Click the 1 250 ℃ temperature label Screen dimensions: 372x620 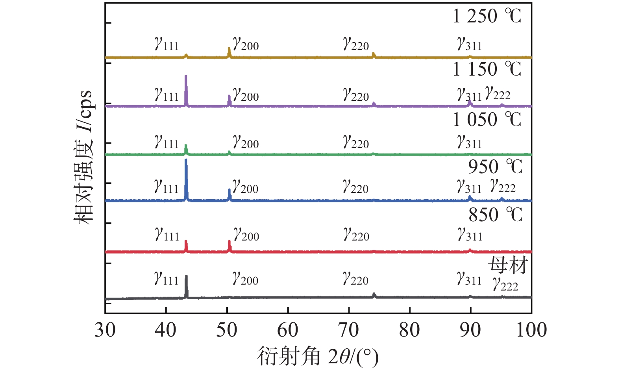pyautogui.click(x=487, y=17)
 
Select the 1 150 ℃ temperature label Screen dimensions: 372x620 pyautogui.click(x=487, y=69)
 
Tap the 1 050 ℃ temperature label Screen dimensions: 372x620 pyautogui.click(x=487, y=119)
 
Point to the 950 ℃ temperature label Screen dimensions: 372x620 pyautogui.click(x=495, y=167)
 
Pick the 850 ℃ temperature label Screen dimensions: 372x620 pyautogui.click(x=495, y=215)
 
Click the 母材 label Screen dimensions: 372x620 pyautogui.click(x=508, y=265)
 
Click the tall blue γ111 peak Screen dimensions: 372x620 pyautogui.click(x=186, y=179)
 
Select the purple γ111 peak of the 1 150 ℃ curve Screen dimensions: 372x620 pyautogui.click(x=186, y=90)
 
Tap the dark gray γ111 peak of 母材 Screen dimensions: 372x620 pyautogui.click(x=186, y=286)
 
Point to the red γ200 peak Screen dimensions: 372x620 pyautogui.click(x=229, y=246)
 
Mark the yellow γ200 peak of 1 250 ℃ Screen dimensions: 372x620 pyautogui.click(x=229, y=52)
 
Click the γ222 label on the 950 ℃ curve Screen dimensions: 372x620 pyautogui.click(x=503, y=186)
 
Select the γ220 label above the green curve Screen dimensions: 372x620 pyautogui.click(x=356, y=142)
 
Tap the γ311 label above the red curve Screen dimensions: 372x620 pyautogui.click(x=470, y=235)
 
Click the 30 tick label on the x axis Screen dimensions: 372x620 pyautogui.click(x=105, y=330)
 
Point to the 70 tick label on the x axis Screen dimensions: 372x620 pyautogui.click(x=349, y=330)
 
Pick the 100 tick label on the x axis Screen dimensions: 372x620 pyautogui.click(x=531, y=330)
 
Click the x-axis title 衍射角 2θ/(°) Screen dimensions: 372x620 pyautogui.click(x=318, y=357)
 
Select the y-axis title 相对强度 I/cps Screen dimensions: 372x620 pyautogui.click(x=83, y=157)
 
